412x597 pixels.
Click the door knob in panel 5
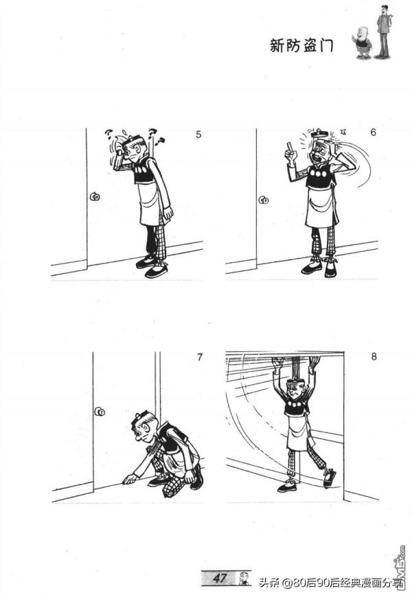pos(94,197)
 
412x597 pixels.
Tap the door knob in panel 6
pos(264,200)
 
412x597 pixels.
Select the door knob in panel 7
pos(100,412)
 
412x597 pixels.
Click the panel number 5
pos(198,134)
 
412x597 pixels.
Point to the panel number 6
pos(373,132)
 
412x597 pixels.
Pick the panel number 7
pos(200,357)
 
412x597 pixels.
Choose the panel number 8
pos(374,356)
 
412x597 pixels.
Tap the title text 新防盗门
pos(301,46)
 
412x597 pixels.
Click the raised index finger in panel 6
pos(290,147)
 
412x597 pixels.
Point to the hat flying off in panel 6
pos(319,134)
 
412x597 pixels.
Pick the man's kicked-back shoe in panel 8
pos(330,478)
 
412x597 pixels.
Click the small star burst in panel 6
pos(344,132)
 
